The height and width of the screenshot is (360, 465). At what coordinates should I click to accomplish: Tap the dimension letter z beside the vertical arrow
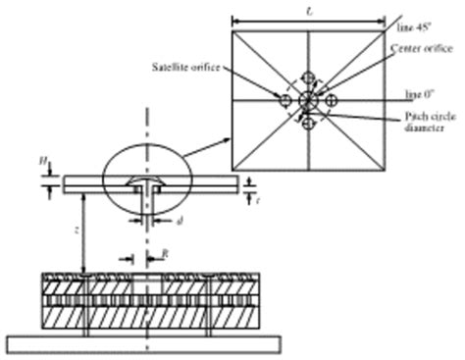77,234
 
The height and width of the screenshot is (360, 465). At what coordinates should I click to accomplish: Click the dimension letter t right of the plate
257,196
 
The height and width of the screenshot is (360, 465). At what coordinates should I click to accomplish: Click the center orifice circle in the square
307,100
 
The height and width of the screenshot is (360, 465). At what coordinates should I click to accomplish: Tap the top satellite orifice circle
308,77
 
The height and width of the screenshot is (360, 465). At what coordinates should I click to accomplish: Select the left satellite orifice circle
284,101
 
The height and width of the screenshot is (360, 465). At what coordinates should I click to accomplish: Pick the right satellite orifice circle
331,101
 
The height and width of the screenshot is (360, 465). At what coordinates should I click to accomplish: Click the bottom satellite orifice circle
307,123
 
